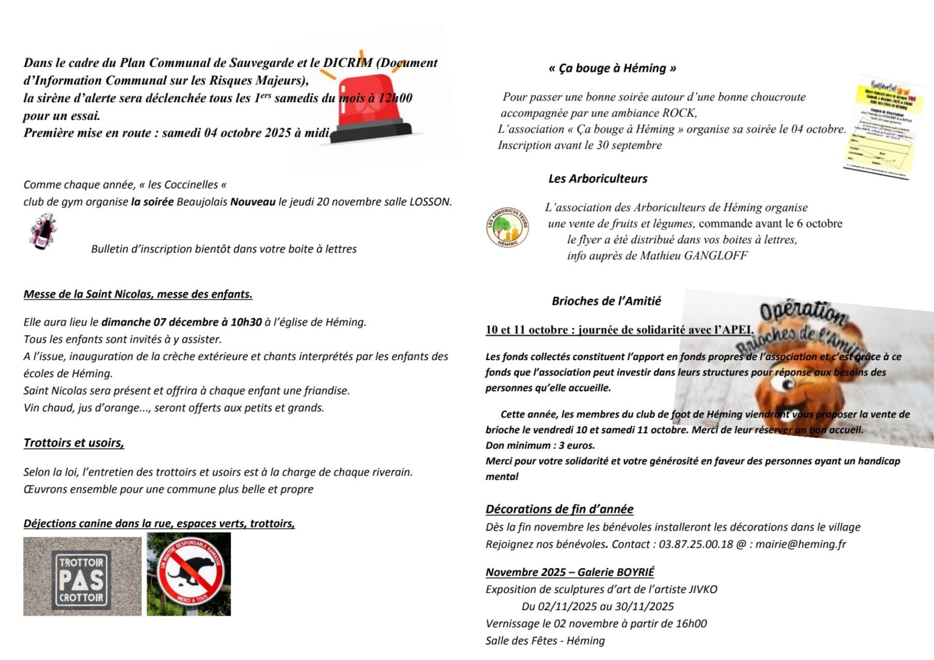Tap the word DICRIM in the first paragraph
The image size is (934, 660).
click(x=347, y=63)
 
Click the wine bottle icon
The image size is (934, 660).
click(x=43, y=232)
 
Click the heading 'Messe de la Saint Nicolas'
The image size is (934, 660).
click(x=138, y=294)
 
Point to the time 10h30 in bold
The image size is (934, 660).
click(x=246, y=322)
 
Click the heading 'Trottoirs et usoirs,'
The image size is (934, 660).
click(x=74, y=443)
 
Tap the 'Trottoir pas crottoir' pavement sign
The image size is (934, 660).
click(x=82, y=577)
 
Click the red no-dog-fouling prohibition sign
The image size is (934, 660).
click(x=190, y=574)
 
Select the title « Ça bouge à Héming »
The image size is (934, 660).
click(x=612, y=68)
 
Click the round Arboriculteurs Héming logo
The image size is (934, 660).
click(x=508, y=228)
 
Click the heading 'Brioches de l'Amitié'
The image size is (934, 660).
click(x=606, y=301)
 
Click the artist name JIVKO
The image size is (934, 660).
click(x=703, y=589)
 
